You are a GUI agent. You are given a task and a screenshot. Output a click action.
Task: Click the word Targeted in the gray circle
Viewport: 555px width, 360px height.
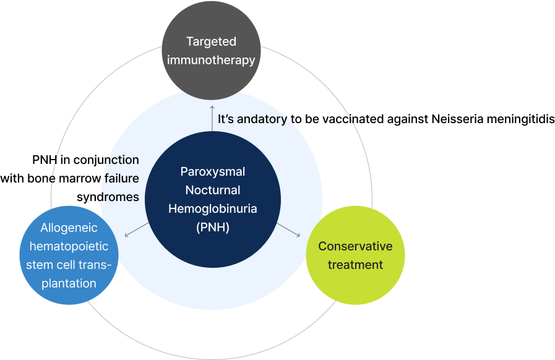click(211, 41)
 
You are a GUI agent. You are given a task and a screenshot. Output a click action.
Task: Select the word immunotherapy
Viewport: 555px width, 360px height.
click(211, 60)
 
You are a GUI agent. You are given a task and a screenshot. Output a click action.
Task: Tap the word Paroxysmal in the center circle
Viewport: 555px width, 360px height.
click(213, 171)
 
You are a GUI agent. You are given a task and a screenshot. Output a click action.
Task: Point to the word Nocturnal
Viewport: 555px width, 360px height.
click(213, 190)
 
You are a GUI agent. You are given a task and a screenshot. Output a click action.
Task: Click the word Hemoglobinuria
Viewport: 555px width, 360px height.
click(213, 208)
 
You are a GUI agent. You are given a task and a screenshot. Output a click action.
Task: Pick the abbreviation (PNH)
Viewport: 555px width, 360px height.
click(213, 227)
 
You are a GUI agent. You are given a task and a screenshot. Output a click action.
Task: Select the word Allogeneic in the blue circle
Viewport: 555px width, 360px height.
click(69, 228)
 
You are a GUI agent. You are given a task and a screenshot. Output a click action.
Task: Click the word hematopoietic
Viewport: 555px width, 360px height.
click(69, 246)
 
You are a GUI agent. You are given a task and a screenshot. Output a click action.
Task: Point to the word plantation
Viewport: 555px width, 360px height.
click(69, 283)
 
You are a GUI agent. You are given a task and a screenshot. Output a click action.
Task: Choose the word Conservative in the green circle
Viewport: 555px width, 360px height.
click(355, 246)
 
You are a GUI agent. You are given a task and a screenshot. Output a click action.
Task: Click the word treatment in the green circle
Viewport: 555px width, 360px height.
click(355, 265)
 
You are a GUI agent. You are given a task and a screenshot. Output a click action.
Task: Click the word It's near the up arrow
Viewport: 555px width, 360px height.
click(226, 119)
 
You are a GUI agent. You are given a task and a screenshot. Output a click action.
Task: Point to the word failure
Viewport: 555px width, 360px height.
click(121, 179)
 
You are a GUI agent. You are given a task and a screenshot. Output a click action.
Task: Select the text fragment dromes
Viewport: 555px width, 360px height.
click(119, 197)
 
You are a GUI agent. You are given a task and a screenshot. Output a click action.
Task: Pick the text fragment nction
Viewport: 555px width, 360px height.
click(120, 160)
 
